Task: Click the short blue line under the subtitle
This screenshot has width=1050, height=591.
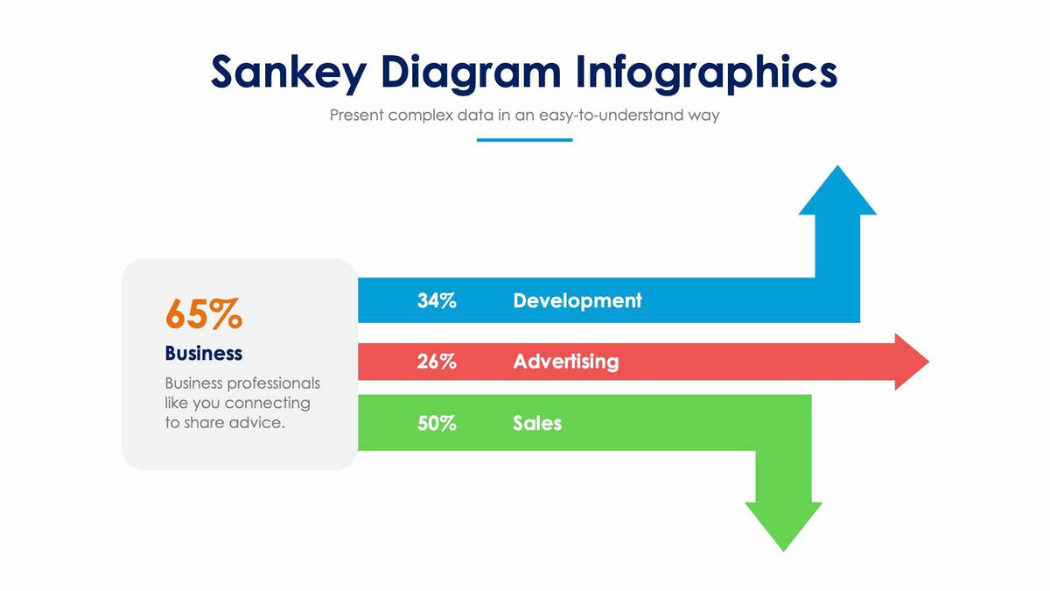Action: point(524,139)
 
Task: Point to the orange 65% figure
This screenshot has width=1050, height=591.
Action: point(203,314)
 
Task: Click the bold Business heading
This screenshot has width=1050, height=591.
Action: point(203,353)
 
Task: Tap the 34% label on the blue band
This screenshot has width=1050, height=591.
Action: point(437,300)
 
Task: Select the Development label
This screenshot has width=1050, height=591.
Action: point(577,300)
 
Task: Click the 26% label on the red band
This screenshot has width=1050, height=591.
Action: point(437,361)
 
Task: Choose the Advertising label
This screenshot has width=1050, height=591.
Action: point(565,361)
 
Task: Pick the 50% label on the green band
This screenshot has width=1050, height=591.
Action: point(437,423)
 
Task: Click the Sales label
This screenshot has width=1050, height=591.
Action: point(537,423)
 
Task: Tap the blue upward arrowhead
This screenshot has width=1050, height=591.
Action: point(837,193)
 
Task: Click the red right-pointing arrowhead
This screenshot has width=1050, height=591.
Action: point(911,361)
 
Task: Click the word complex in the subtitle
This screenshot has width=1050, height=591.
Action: point(421,115)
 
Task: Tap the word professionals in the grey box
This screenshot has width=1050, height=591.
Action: point(274,383)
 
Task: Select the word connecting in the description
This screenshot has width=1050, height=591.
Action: point(267,403)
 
